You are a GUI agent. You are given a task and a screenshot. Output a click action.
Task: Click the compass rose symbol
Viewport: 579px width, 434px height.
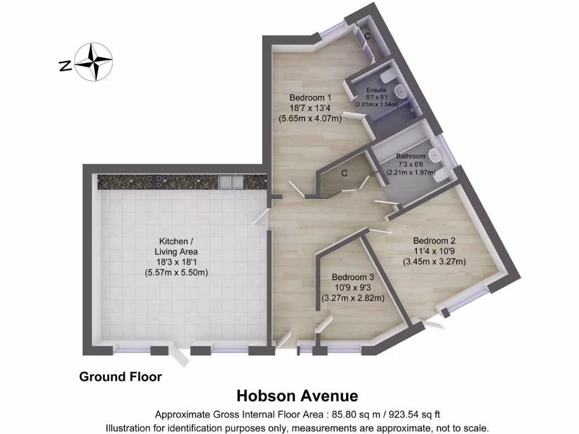tap(94, 62)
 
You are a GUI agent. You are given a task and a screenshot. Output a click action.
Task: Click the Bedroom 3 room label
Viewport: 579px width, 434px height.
tap(353, 277)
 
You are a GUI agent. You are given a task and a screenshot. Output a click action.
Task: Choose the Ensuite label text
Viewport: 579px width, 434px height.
tap(377, 90)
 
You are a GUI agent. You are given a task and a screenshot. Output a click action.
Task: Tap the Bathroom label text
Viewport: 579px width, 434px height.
tap(411, 156)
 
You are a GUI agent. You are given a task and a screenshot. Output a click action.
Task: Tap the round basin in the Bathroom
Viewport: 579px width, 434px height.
tap(434, 154)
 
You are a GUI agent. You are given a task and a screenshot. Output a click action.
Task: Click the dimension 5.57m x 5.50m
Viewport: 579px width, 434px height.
tap(176, 272)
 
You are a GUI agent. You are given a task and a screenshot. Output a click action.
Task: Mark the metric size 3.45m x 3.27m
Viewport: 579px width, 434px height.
tap(434, 261)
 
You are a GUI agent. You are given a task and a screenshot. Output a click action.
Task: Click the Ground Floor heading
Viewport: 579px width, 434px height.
tap(120, 376)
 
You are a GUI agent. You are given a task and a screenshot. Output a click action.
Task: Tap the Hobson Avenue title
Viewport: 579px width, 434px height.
tap(297, 394)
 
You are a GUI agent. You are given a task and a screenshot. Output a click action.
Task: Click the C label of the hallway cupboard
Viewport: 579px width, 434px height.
tap(344, 173)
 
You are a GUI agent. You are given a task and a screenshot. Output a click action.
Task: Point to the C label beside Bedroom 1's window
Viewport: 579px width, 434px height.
tap(368, 36)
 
